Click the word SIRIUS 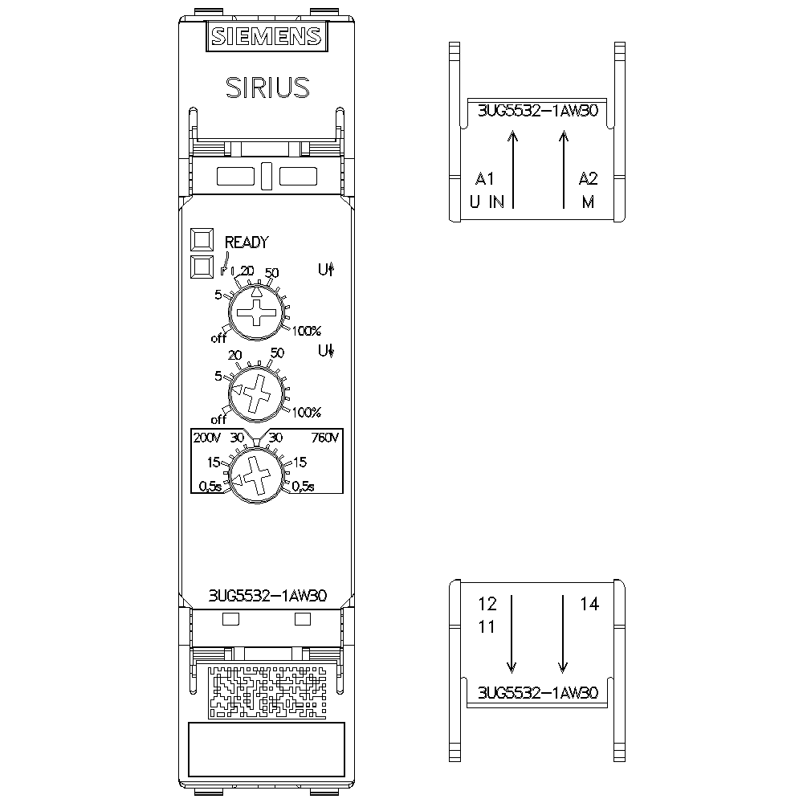coord(266,87)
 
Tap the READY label coord(247,242)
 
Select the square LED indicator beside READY coord(202,240)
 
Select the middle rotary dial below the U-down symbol coord(257,393)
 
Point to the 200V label coord(207,438)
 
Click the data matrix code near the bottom coord(266,691)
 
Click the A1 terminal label coord(485,177)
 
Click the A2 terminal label coord(589,177)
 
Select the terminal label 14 coord(589,605)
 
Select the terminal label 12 coord(487,603)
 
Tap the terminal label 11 coord(487,626)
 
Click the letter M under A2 coord(589,202)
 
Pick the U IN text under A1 coord(487,202)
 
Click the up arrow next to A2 coord(564,169)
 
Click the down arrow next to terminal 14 coord(564,634)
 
